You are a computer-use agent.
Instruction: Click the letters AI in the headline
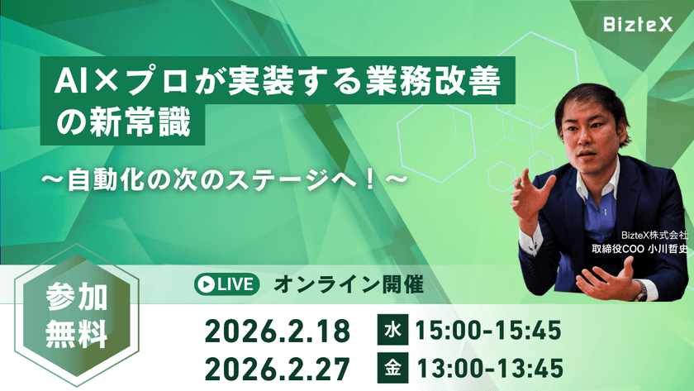tap(67, 82)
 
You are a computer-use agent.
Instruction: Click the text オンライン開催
tap(348, 285)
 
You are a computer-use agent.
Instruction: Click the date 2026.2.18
tap(278, 331)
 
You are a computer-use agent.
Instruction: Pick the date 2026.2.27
tap(278, 366)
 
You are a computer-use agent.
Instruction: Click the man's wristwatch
tap(640, 290)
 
